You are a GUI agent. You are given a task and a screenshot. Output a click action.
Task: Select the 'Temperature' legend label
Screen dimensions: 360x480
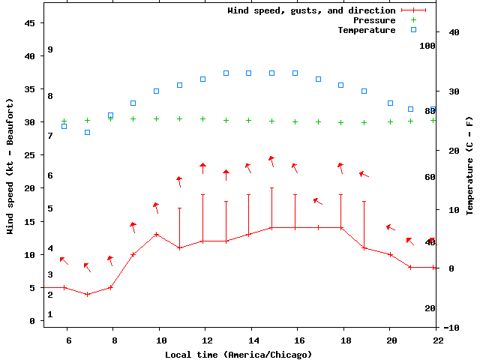[x=366, y=30]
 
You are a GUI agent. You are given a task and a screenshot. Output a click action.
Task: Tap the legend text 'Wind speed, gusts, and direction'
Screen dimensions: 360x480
[x=311, y=10]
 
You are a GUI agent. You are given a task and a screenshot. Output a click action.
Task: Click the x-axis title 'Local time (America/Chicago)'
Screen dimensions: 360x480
[x=238, y=354]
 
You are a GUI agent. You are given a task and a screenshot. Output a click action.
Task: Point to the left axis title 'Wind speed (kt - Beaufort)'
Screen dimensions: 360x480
[x=10, y=166]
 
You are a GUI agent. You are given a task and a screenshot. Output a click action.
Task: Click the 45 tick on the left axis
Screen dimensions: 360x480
[x=30, y=23]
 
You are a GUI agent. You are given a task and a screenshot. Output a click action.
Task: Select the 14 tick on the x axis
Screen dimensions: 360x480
[x=251, y=340]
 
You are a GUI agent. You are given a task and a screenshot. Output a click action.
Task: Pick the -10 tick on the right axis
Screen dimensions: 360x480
[x=451, y=328]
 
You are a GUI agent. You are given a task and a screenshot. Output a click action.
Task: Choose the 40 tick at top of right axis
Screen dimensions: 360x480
[x=453, y=32]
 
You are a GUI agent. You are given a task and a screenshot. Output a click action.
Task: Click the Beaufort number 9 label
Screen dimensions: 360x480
[x=49, y=49]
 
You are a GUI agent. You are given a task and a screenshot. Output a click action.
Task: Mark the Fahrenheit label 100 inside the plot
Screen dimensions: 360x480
[x=427, y=46]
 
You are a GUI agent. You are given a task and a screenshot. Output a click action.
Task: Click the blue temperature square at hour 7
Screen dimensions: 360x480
[x=87, y=132]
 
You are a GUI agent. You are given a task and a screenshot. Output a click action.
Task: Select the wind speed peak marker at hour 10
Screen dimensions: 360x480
[x=157, y=234]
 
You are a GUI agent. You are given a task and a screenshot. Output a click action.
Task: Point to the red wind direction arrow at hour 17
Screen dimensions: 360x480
[x=317, y=201]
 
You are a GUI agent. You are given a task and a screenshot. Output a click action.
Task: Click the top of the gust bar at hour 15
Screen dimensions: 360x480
[x=271, y=187]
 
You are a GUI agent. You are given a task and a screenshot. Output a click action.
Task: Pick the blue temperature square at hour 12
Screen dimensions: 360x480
[x=202, y=79]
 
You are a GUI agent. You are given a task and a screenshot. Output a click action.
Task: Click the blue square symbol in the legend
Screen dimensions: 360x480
[x=413, y=30]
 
